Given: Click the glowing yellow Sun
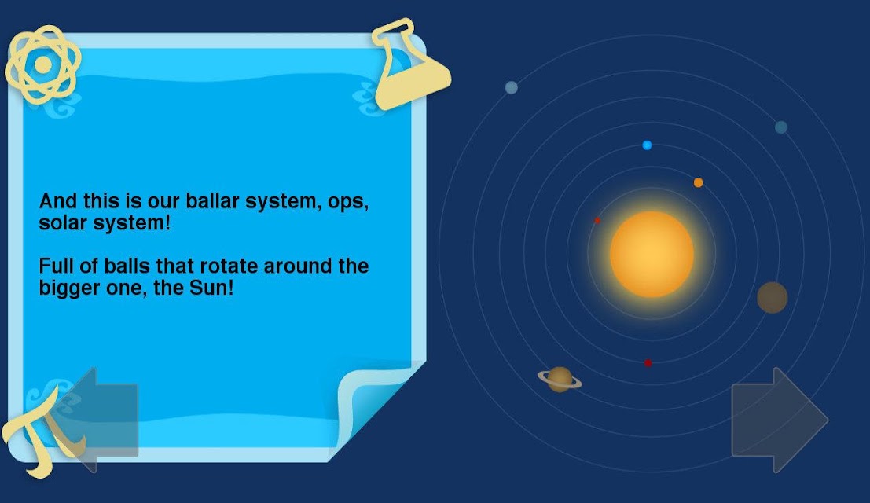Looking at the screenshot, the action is [x=652, y=254].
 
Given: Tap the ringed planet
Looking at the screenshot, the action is [x=560, y=380].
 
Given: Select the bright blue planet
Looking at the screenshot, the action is [x=647, y=145].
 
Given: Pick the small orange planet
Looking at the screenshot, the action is [x=698, y=182].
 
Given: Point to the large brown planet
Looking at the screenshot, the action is [x=773, y=297].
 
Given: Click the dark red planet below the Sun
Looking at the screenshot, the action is [x=648, y=363].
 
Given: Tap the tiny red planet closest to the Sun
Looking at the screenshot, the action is [x=597, y=221].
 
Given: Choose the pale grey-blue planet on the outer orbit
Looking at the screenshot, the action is [x=511, y=87].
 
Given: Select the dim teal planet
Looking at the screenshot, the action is [x=780, y=127].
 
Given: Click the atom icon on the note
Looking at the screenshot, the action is [x=43, y=65].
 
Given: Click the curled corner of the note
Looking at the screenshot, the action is [x=377, y=408].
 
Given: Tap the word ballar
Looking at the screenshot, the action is [x=212, y=200].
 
